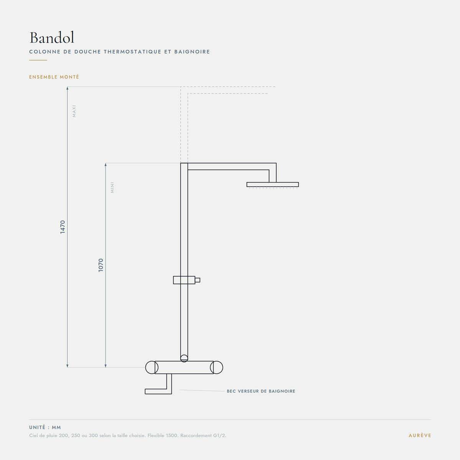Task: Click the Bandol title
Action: tap(52, 38)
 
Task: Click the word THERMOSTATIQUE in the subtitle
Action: tap(133, 52)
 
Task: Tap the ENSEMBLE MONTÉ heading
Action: tap(54, 77)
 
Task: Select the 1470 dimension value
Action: tap(62, 227)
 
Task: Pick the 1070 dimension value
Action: tap(101, 265)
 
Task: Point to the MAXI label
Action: tap(74, 111)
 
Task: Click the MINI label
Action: tap(112, 187)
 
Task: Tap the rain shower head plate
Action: tap(273, 184)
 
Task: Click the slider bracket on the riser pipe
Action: tap(184, 280)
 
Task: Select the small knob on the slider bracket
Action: tap(197, 280)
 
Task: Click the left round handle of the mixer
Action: tap(151, 367)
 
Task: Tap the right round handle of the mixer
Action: tap(217, 367)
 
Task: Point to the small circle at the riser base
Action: tap(184, 358)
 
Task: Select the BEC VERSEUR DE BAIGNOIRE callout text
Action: tap(261, 391)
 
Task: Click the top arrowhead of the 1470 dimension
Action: tap(67, 88)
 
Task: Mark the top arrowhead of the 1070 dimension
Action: tap(105, 164)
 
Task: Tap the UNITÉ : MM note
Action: tap(45, 427)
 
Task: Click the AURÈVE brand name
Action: tap(420, 435)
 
